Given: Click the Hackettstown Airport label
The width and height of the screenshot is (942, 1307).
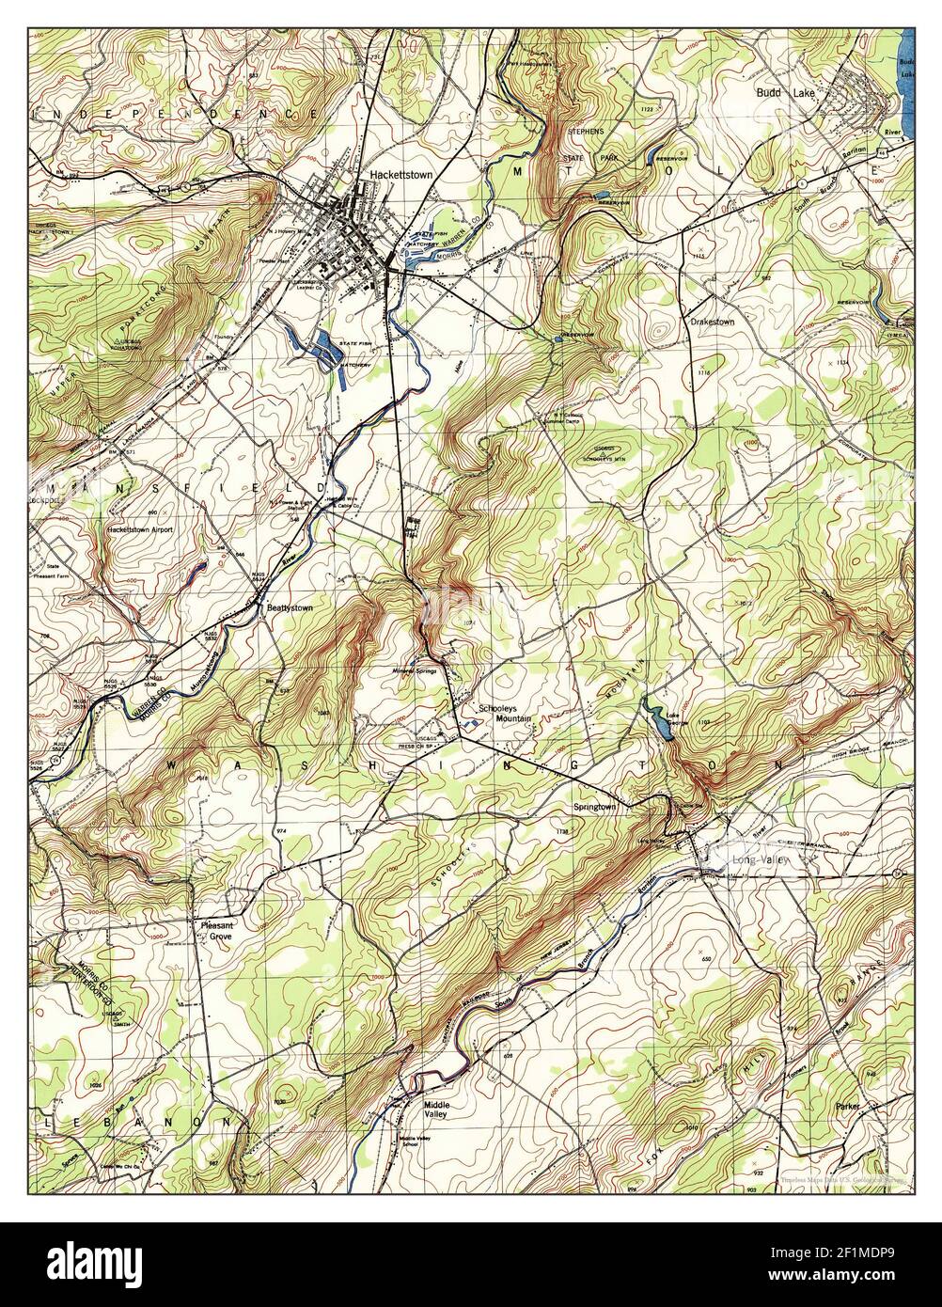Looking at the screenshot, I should [x=141, y=530].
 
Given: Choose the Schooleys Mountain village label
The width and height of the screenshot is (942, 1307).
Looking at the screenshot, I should [x=505, y=712].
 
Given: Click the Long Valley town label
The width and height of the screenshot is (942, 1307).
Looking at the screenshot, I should [x=763, y=860].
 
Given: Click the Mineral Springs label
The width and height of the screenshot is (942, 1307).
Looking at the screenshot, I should [x=415, y=671].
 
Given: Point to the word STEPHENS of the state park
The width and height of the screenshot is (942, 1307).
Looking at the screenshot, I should [x=583, y=132].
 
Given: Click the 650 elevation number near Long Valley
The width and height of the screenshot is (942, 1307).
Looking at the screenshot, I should [x=706, y=957].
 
